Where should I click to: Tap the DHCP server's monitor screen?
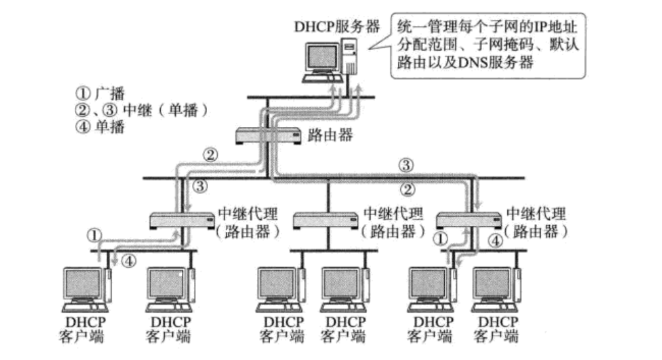[x=323, y=58]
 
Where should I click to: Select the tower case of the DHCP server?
[x=350, y=58]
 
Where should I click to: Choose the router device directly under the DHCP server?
[x=264, y=135]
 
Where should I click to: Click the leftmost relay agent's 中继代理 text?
[x=247, y=214]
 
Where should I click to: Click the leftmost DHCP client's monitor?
[x=82, y=283]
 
